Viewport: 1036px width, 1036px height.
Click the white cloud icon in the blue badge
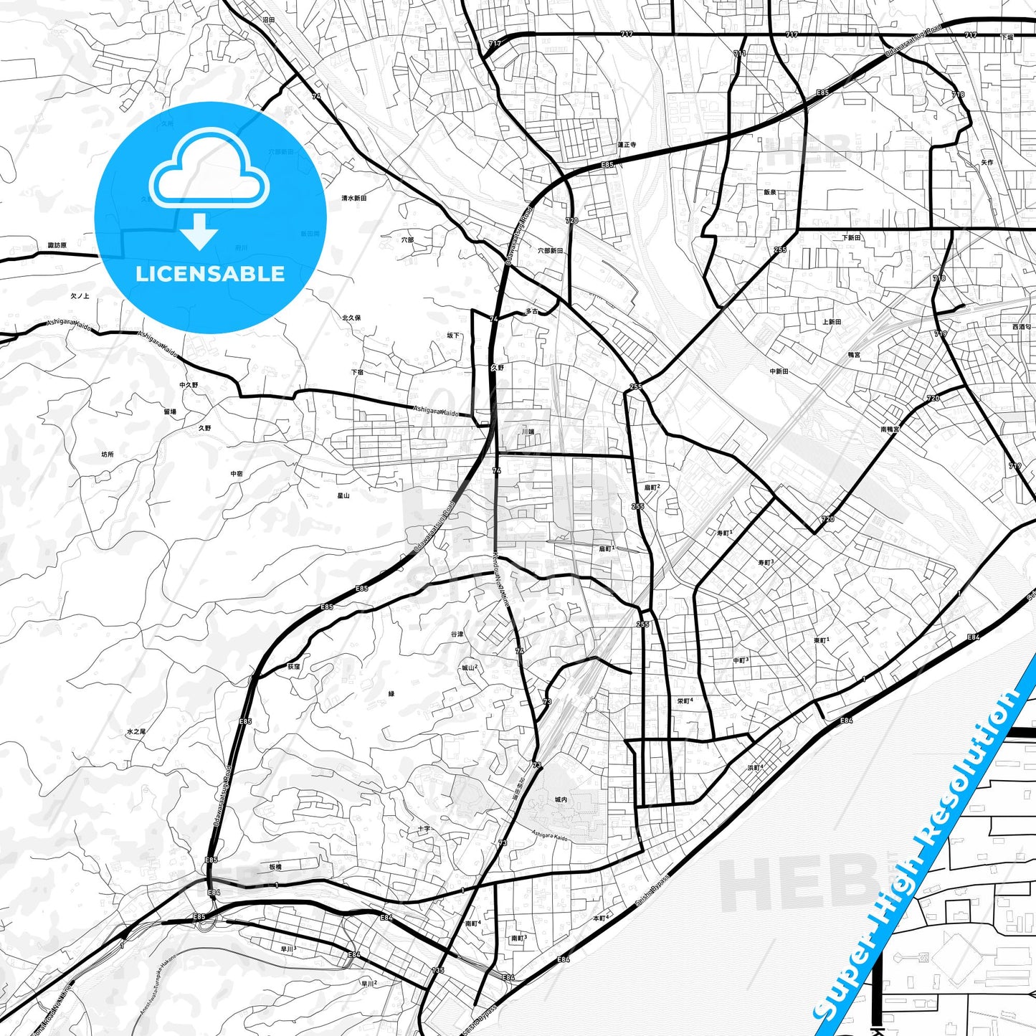209,168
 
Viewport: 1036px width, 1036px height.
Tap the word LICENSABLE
210,274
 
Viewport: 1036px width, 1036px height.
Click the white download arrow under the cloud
200,231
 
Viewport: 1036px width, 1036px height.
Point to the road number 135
437,970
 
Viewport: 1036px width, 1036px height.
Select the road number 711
739,53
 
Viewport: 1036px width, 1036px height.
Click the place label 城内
561,799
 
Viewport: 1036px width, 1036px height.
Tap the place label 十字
424,829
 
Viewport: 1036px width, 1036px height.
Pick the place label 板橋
275,867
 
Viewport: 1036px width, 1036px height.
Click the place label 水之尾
136,731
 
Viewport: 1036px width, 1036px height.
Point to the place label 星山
343,495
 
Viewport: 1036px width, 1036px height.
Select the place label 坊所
108,455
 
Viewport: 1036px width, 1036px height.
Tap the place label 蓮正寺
627,144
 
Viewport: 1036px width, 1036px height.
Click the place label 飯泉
770,192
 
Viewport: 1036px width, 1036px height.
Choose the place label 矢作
987,163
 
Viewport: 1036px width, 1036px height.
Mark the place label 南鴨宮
890,429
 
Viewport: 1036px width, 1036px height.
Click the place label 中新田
779,371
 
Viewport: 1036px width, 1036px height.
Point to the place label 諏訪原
57,245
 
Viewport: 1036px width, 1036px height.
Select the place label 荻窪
294,666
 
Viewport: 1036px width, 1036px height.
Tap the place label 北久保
351,317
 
